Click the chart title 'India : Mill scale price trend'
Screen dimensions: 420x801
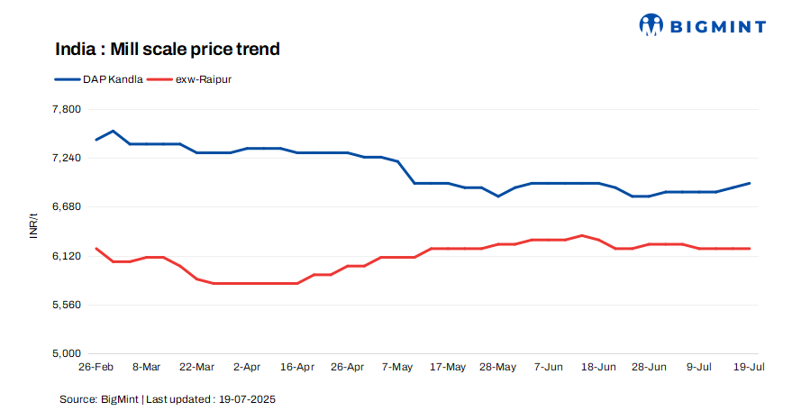click(167, 49)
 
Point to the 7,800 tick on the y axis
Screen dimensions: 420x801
click(67, 109)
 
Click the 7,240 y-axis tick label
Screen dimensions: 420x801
click(67, 158)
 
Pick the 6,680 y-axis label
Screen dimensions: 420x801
click(67, 206)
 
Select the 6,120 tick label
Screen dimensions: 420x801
click(67, 256)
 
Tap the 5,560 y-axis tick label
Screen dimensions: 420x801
click(67, 305)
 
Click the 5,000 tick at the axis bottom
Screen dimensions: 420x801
click(67, 353)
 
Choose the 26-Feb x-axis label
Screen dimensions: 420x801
click(96, 368)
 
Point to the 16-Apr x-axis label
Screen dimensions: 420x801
click(297, 368)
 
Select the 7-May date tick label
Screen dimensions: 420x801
click(397, 368)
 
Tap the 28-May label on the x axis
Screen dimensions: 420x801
click(498, 368)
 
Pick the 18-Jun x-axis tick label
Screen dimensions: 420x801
click(599, 368)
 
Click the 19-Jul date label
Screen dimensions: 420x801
click(750, 368)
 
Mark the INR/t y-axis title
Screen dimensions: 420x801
click(33, 227)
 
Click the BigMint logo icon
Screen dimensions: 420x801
click(651, 26)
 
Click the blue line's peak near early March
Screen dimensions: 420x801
click(113, 131)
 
